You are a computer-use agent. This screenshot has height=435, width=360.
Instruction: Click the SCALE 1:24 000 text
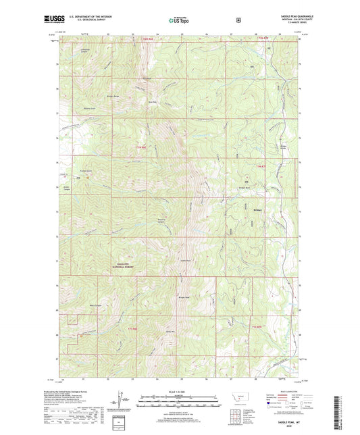(180, 392)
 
